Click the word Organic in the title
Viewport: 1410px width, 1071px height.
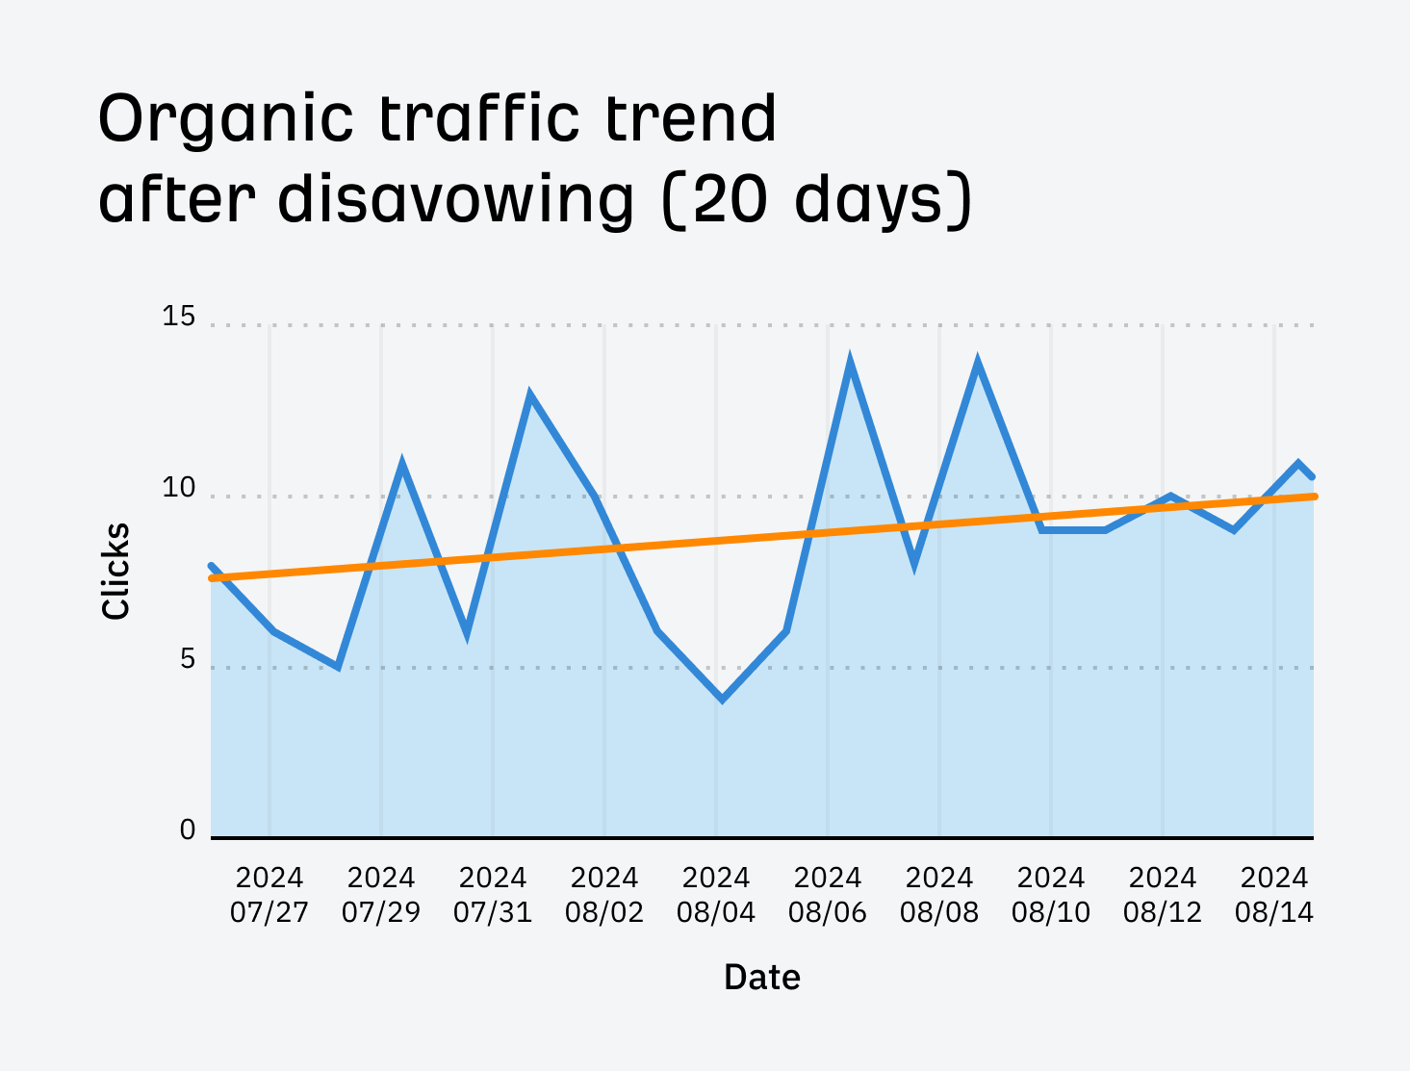pyautogui.click(x=226, y=120)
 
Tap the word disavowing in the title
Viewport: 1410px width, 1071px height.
pyautogui.click(x=456, y=199)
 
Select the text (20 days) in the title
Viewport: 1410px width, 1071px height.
pyautogui.click(x=817, y=199)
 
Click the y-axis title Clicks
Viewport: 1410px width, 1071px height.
pyautogui.click(x=115, y=571)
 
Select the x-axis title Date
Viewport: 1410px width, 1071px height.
pyautogui.click(x=761, y=977)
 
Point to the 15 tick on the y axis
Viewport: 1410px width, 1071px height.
pyautogui.click(x=178, y=317)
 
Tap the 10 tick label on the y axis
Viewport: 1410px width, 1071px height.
pyautogui.click(x=178, y=488)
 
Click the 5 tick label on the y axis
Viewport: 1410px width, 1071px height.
pyautogui.click(x=187, y=659)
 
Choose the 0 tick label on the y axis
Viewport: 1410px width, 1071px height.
pyautogui.click(x=187, y=830)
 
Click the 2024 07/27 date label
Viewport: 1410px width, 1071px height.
pyautogui.click(x=269, y=894)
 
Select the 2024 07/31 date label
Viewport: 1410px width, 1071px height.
pyautogui.click(x=493, y=894)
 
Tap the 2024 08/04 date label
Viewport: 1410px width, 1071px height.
pyautogui.click(x=716, y=894)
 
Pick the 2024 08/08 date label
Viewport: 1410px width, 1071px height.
pyautogui.click(x=939, y=894)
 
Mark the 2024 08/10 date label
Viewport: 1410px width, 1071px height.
pyautogui.click(x=1051, y=894)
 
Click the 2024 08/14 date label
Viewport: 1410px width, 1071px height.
pyautogui.click(x=1274, y=894)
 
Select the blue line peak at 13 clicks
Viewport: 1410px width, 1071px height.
pyautogui.click(x=529, y=395)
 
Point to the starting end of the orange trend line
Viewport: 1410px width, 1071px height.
pyautogui.click(x=213, y=577)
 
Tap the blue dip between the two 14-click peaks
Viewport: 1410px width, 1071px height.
pyautogui.click(x=913, y=563)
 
